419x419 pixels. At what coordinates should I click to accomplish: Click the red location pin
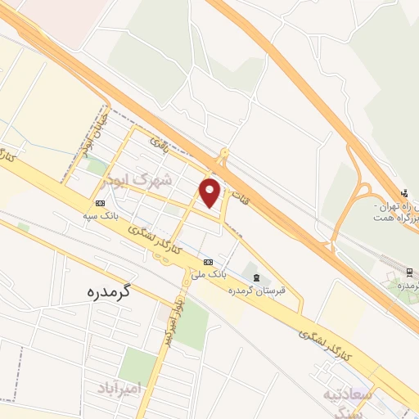pyautogui.click(x=211, y=191)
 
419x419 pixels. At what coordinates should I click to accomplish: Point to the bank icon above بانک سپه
pyautogui.click(x=100, y=203)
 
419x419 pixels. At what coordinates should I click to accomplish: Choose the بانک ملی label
pyautogui.click(x=208, y=274)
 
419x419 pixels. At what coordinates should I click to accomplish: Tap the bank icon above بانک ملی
pyautogui.click(x=208, y=262)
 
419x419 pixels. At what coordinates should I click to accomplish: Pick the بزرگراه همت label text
pyautogui.click(x=397, y=219)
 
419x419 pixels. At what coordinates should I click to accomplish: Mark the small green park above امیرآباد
pyautogui.click(x=137, y=365)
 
